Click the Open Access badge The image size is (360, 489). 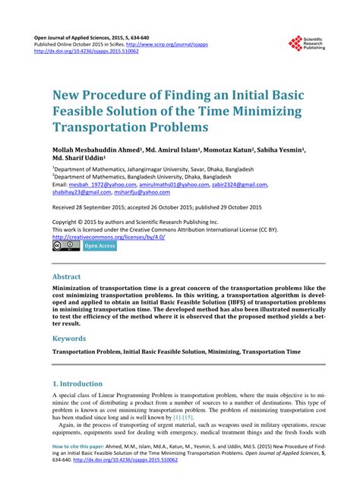click(x=99, y=245)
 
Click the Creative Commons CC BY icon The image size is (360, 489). click(x=66, y=245)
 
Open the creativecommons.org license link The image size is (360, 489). click(x=108, y=236)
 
